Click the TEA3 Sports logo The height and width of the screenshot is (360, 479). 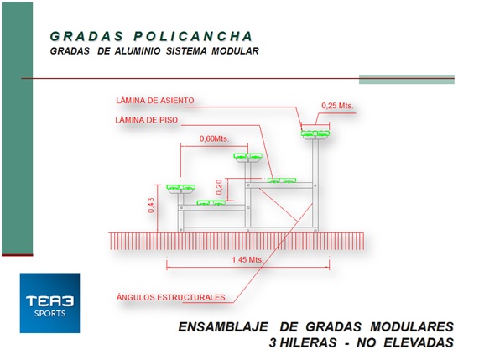(x=49, y=303)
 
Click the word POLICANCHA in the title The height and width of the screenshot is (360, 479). (x=193, y=36)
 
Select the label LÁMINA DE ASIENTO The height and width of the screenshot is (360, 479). (x=155, y=101)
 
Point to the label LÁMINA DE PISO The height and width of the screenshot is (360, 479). (x=146, y=120)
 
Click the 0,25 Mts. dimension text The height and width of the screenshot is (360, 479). (x=337, y=106)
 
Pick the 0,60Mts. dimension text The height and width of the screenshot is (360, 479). (x=214, y=138)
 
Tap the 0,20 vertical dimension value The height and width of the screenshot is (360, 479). (x=219, y=187)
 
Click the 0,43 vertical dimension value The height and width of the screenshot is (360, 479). (x=151, y=206)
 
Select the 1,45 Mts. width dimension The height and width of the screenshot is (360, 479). (x=247, y=260)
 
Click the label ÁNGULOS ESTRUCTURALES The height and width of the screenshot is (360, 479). (x=171, y=297)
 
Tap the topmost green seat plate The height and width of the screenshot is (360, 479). (x=315, y=134)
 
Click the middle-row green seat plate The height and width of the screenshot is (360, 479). (x=247, y=156)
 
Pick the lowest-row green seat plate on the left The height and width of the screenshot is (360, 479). (x=180, y=188)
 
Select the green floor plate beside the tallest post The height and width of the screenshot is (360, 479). (x=282, y=180)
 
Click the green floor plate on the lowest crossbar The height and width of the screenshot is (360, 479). (x=211, y=202)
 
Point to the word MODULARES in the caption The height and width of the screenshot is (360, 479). (x=412, y=327)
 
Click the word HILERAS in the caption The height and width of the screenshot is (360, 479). (x=308, y=343)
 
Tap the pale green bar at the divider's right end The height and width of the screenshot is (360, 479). (x=407, y=79)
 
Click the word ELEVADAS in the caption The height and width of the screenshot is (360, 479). (x=419, y=343)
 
